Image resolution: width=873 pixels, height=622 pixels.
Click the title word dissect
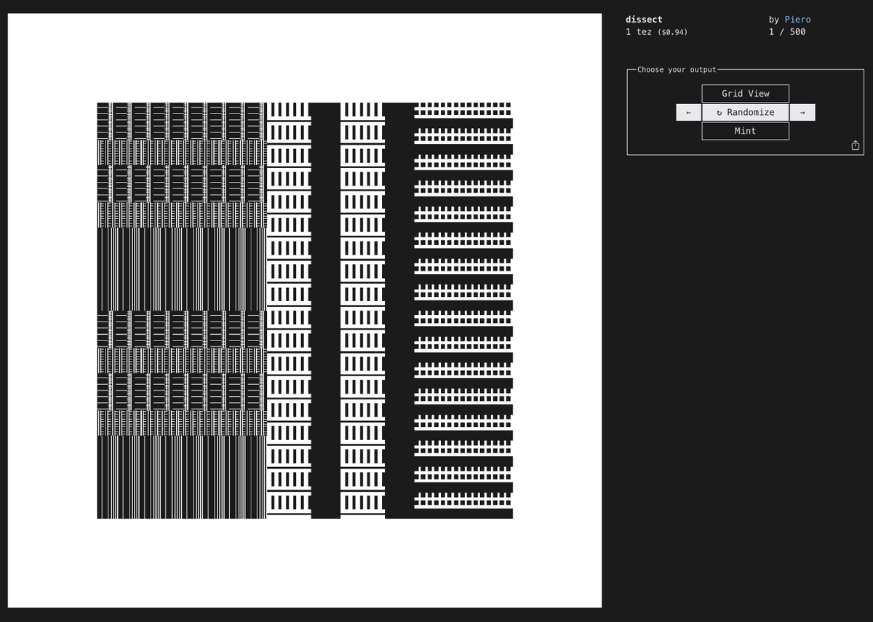pyautogui.click(x=644, y=20)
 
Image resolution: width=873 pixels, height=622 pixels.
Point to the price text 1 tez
pyautogui.click(x=639, y=32)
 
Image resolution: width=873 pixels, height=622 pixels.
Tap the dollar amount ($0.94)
pyautogui.click(x=672, y=32)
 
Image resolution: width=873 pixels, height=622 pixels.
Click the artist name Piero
pyautogui.click(x=797, y=20)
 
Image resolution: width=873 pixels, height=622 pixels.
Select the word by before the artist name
pyautogui.click(x=774, y=20)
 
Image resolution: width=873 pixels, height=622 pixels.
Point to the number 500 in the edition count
pyautogui.click(x=797, y=32)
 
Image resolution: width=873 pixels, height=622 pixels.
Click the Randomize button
pyautogui.click(x=746, y=112)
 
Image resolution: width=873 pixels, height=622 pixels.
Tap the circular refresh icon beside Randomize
pyautogui.click(x=719, y=113)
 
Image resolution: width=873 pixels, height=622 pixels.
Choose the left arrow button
pyautogui.click(x=688, y=112)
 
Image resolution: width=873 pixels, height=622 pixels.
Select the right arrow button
pyautogui.click(x=802, y=112)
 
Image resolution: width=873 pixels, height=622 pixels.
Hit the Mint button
pyautogui.click(x=746, y=131)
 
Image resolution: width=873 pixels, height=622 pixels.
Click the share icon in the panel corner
pyautogui.click(x=856, y=145)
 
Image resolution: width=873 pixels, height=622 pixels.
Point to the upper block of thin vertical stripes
pyautogui.click(x=182, y=269)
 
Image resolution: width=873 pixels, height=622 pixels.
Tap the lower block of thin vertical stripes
pyautogui.click(x=182, y=477)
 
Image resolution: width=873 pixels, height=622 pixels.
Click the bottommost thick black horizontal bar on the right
pyautogui.click(x=463, y=514)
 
